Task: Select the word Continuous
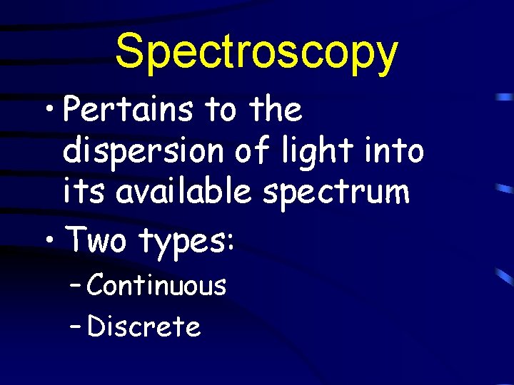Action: click(157, 286)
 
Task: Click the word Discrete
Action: click(143, 327)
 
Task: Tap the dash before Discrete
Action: click(77, 329)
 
